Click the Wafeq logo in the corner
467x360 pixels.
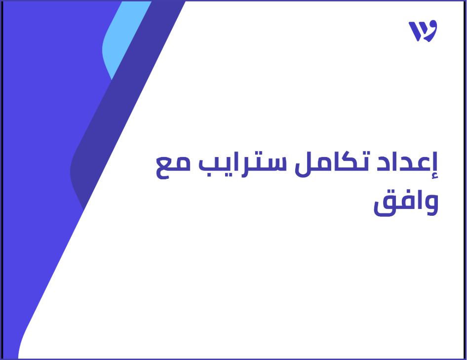[423, 31]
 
